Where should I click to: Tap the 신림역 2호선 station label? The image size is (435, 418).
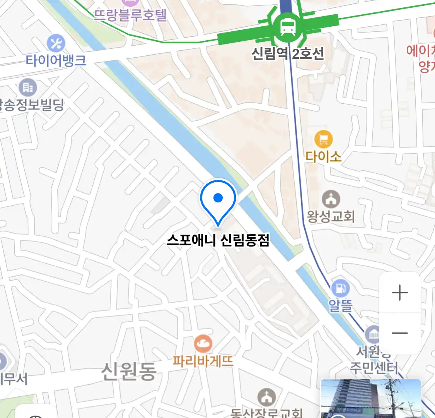pos(288,53)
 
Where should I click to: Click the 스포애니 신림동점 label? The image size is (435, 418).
pos(218,240)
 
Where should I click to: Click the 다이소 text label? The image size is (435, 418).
pos(323,156)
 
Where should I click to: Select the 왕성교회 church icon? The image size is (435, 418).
pos(331,199)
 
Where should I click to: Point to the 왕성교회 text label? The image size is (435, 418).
pos(331,216)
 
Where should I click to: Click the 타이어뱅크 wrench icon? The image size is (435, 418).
pos(56,43)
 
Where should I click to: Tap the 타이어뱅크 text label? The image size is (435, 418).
pos(56,60)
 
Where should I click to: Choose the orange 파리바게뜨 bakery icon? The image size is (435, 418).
pos(203,344)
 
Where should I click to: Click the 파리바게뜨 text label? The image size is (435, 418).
pos(203,361)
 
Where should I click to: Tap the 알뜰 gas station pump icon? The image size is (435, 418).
pos(340,288)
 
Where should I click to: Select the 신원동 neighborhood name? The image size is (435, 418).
pos(129,371)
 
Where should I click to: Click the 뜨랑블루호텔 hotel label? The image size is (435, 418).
pos(130,15)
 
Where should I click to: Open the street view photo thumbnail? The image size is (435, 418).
pos(370,399)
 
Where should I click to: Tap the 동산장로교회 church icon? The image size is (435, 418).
pos(267,398)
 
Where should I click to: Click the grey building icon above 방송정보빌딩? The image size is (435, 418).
pos(27,88)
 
